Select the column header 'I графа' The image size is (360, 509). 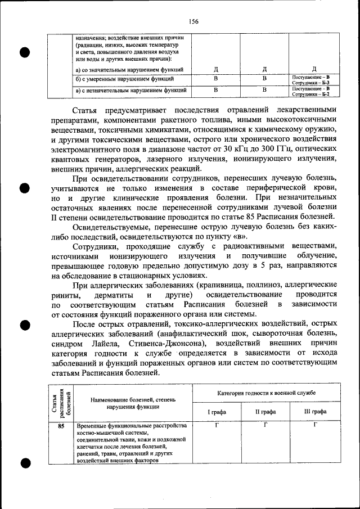pyautogui.click(x=217, y=412)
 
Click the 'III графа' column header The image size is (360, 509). pyautogui.click(x=315, y=412)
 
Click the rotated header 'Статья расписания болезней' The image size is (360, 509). pyautogui.click(x=60, y=400)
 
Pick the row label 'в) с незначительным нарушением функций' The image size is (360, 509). pyautogui.click(x=130, y=90)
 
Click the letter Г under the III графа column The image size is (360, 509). pyautogui.click(x=315, y=425)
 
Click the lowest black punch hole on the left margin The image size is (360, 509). pyautogui.click(x=25, y=463)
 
